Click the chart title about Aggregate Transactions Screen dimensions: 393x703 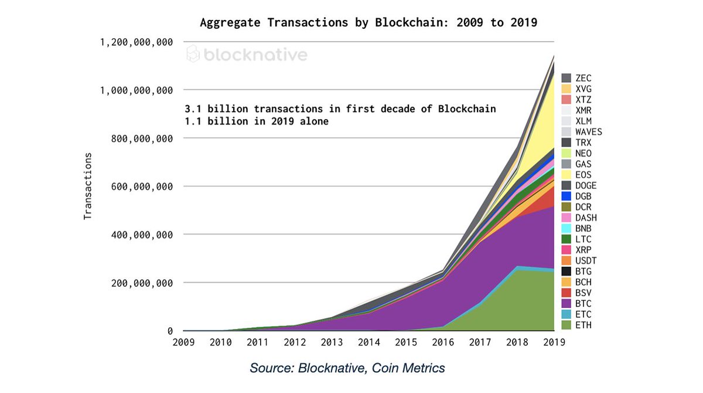click(368, 23)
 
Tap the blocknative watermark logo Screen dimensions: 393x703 click(247, 55)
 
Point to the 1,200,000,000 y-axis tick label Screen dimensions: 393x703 click(136, 42)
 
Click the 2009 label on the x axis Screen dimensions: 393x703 click(185, 343)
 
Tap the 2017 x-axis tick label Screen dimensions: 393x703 click(480, 343)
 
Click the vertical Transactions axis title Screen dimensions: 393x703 click(88, 186)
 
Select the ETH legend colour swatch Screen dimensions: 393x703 click(566, 324)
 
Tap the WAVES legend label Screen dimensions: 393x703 click(588, 131)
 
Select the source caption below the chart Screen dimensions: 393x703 click(347, 368)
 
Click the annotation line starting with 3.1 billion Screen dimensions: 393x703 click(340, 109)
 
